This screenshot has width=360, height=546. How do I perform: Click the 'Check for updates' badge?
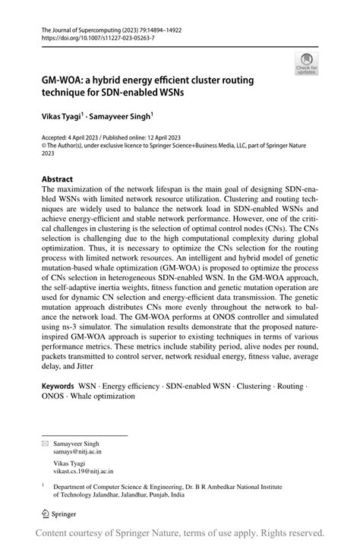[x=308, y=65]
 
